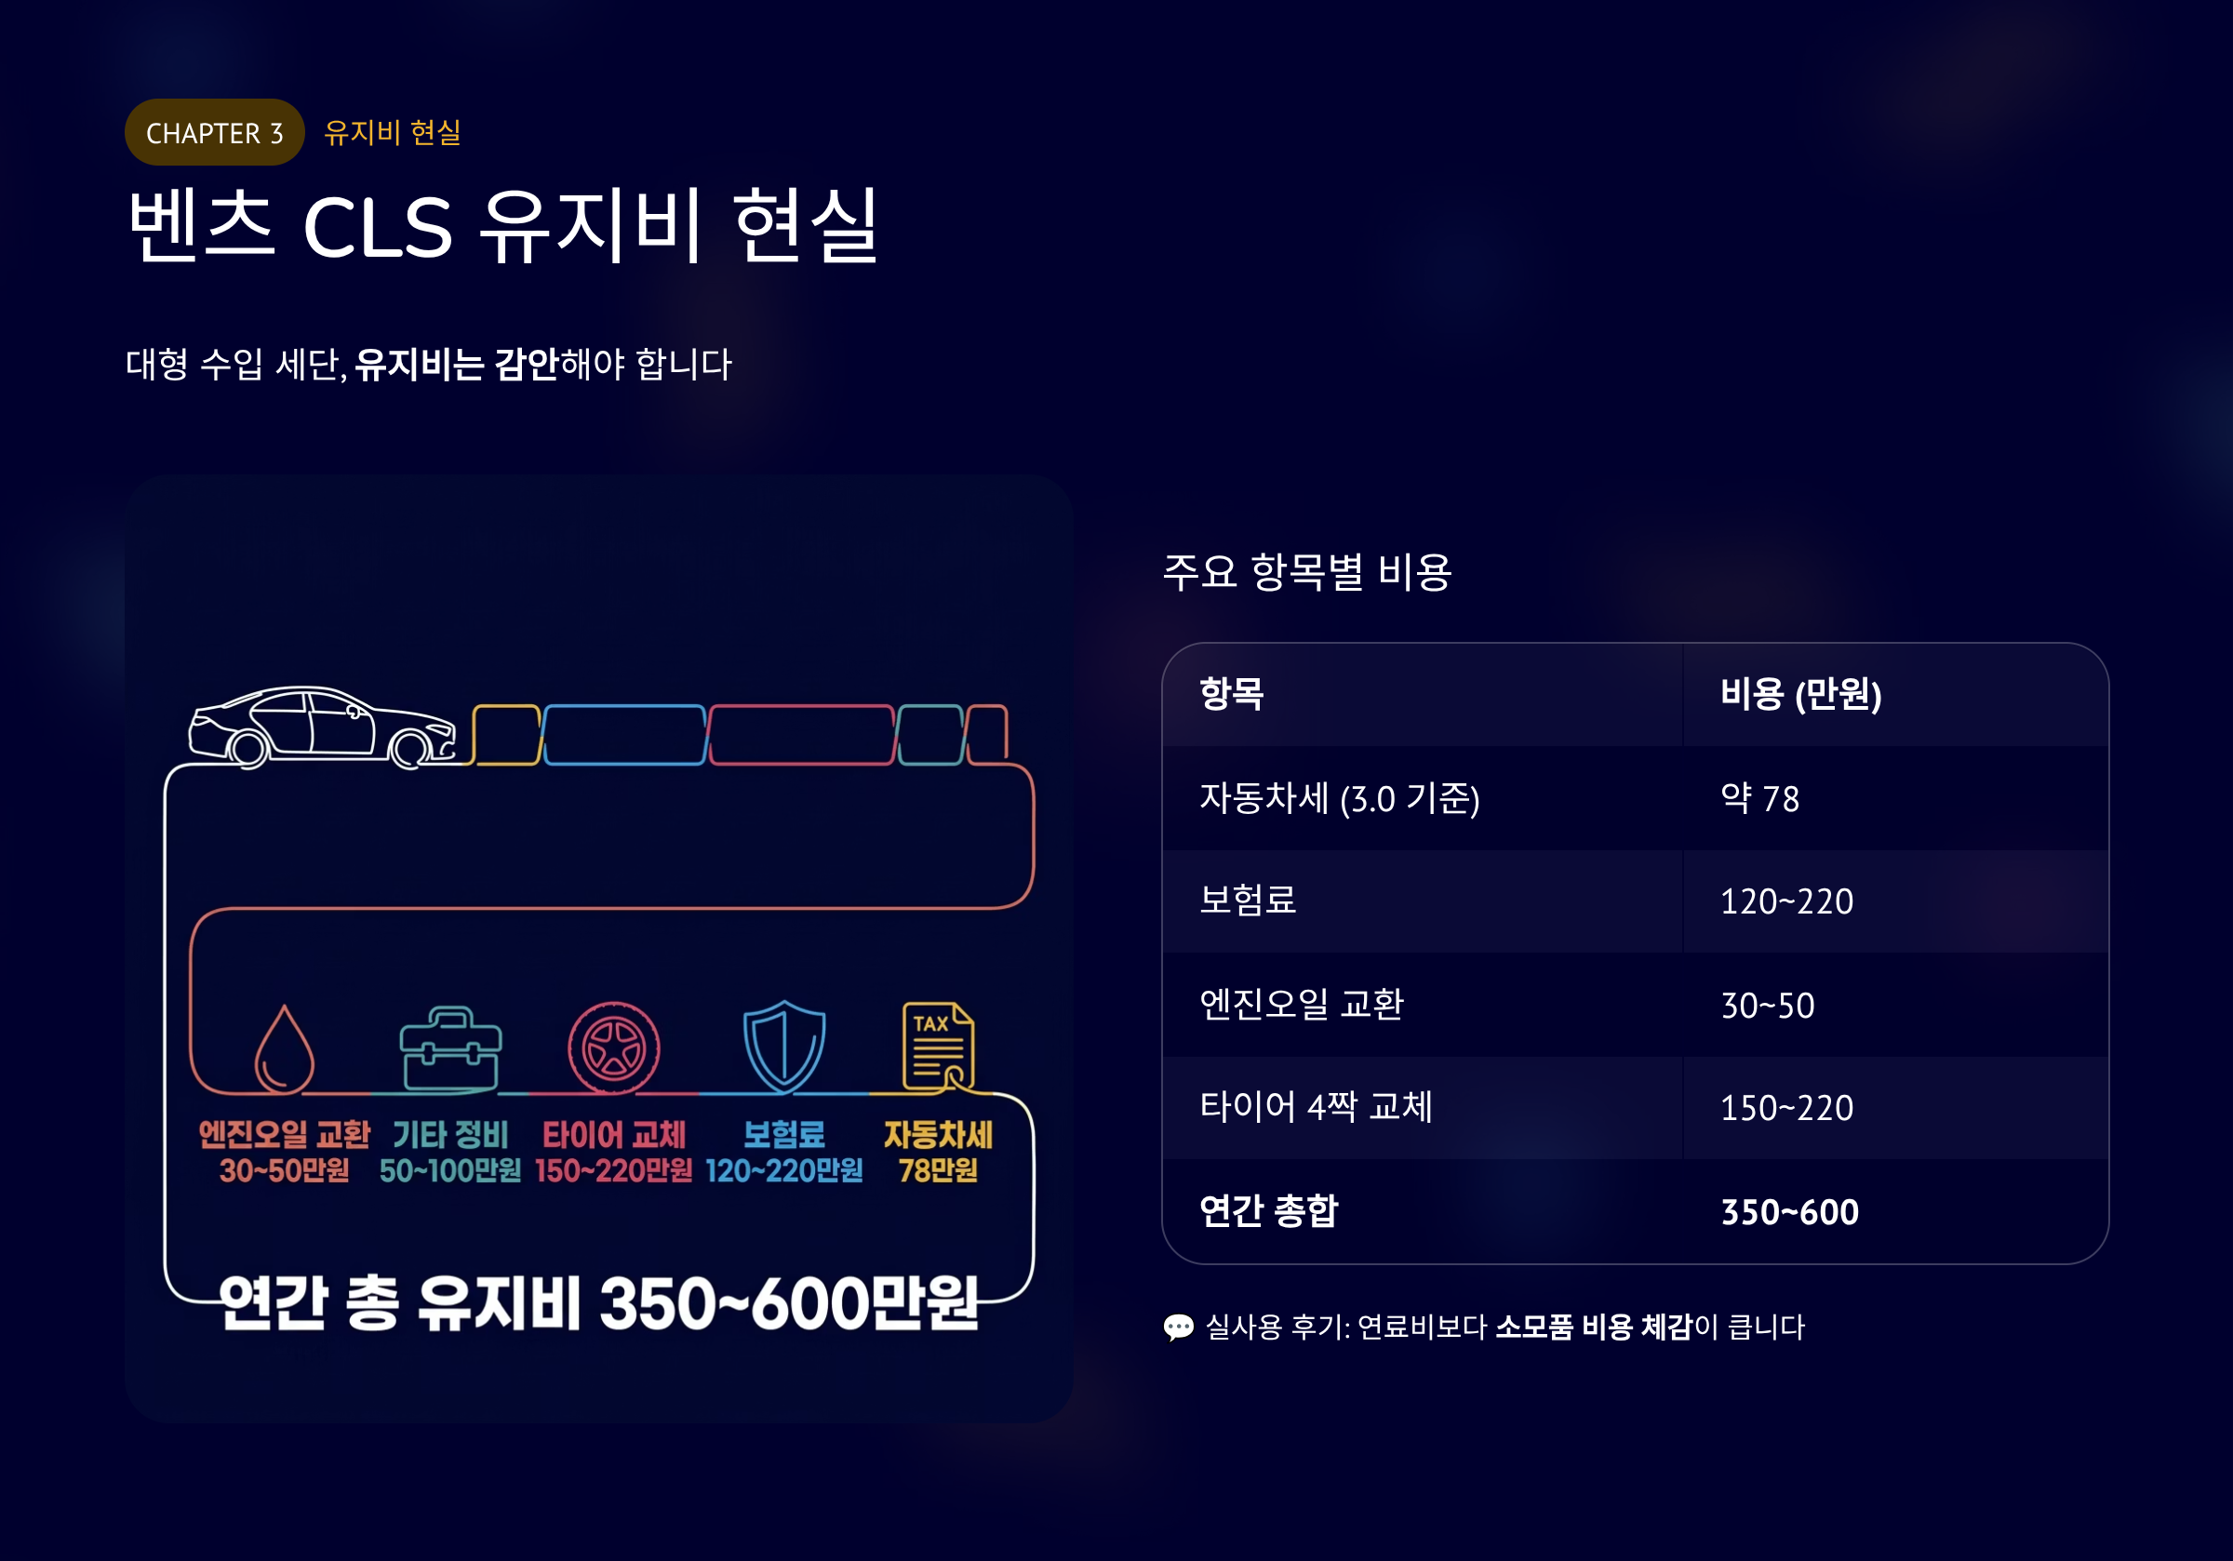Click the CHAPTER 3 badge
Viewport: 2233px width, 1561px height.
[214, 132]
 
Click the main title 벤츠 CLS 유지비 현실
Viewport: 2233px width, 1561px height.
[502, 226]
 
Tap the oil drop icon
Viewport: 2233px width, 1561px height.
[284, 1049]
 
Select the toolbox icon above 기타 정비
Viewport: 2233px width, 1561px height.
[450, 1049]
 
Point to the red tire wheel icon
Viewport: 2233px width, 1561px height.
[614, 1048]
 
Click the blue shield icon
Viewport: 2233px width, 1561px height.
[784, 1047]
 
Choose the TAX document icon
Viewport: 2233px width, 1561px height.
[938, 1047]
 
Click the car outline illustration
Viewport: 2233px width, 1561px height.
[322, 727]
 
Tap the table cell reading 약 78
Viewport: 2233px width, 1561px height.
[1759, 798]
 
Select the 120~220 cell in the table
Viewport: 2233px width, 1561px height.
[1786, 901]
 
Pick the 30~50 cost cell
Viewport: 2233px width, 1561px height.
[1767, 1006]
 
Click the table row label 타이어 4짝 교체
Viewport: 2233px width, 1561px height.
[1316, 1107]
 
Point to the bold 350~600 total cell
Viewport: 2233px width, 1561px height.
[1789, 1212]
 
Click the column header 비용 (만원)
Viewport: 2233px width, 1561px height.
[1800, 694]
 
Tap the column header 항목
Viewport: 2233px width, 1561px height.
[1231, 694]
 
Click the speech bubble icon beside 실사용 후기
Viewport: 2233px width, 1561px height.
[1178, 1328]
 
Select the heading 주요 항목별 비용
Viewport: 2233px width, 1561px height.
[1307, 571]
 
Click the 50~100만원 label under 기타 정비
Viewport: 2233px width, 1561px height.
[450, 1171]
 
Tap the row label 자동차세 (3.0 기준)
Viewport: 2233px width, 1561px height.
[1339, 798]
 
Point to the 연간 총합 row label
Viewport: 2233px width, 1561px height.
[1268, 1212]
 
